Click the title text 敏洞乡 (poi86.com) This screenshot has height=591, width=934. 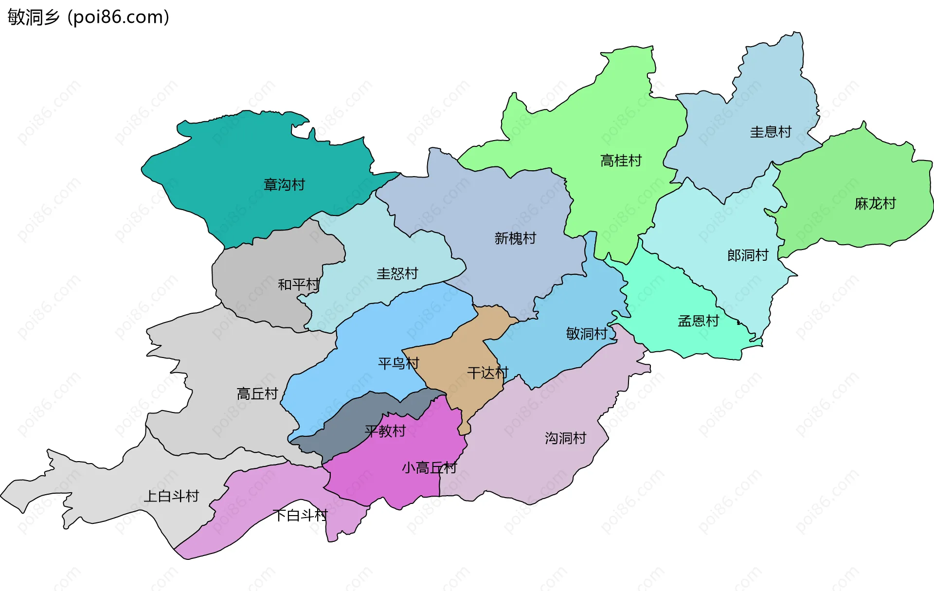[x=89, y=17]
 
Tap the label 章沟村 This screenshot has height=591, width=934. [x=284, y=185]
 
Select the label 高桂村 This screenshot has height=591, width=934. [x=621, y=161]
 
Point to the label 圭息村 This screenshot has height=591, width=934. [x=771, y=132]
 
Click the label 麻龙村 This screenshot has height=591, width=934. [x=875, y=203]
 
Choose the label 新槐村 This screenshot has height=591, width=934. [x=515, y=238]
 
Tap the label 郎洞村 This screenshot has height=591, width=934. [x=748, y=255]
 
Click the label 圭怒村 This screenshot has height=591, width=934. [x=397, y=274]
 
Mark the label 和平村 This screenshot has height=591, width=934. [x=298, y=285]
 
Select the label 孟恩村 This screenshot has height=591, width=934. [x=698, y=321]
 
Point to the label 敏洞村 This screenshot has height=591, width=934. [x=587, y=334]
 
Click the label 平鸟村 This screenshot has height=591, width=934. [x=398, y=363]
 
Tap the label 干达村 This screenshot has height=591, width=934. [x=487, y=373]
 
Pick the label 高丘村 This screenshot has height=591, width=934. [x=257, y=394]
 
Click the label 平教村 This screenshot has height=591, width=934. [x=385, y=431]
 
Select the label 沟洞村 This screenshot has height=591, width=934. [x=565, y=438]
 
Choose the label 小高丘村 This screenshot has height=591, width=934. [x=429, y=468]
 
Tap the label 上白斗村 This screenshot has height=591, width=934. [x=171, y=496]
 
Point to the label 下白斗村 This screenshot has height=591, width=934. [x=300, y=515]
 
